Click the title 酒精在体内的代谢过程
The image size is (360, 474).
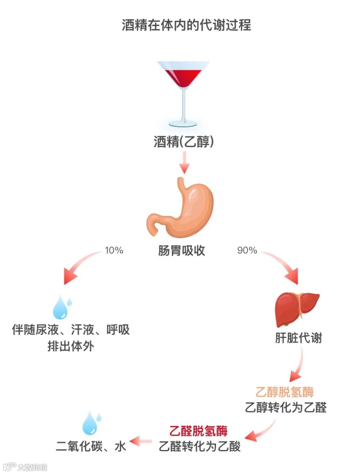pyautogui.click(x=186, y=25)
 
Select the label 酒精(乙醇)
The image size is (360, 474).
pyautogui.click(x=184, y=142)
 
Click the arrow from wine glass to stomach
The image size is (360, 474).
pyautogui.click(x=184, y=163)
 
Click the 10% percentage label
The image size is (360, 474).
pyautogui.click(x=114, y=251)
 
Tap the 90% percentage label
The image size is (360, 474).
pyautogui.click(x=247, y=251)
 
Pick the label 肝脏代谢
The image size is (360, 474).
pyautogui.click(x=298, y=338)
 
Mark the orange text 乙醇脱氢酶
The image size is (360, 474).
pyautogui.click(x=285, y=392)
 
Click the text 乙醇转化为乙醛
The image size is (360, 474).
pyautogui.click(x=286, y=407)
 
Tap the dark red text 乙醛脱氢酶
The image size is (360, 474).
pyautogui.click(x=199, y=430)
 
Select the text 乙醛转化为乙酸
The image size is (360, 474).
pyautogui.click(x=200, y=446)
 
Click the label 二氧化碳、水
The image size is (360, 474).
pyautogui.click(x=91, y=446)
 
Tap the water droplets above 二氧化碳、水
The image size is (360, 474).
pyautogui.click(x=92, y=422)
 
